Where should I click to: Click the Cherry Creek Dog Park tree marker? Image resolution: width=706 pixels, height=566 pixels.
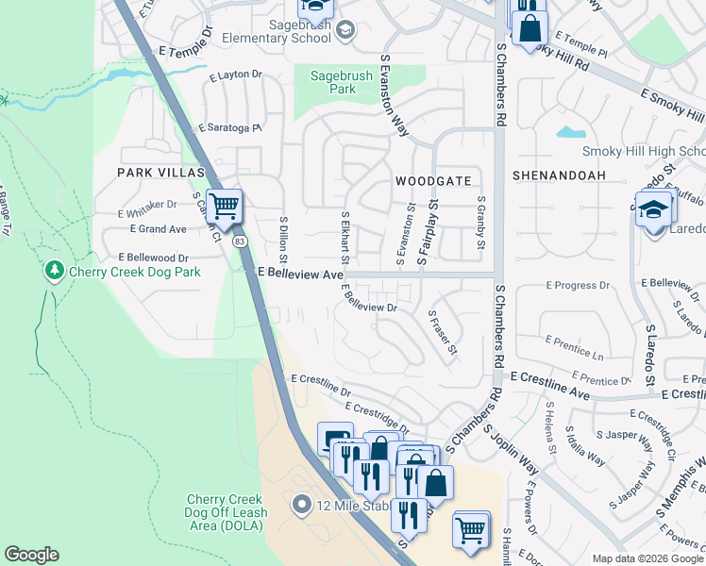pos(54,272)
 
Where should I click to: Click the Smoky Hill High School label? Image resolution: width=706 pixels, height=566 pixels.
pos(644,151)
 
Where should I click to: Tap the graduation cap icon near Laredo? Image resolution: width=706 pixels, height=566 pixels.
pos(653,208)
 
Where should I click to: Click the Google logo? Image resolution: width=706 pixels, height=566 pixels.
pos(31,555)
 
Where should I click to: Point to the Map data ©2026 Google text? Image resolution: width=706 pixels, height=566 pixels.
pos(647,558)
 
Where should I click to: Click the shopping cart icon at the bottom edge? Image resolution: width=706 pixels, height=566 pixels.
pos(470,528)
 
